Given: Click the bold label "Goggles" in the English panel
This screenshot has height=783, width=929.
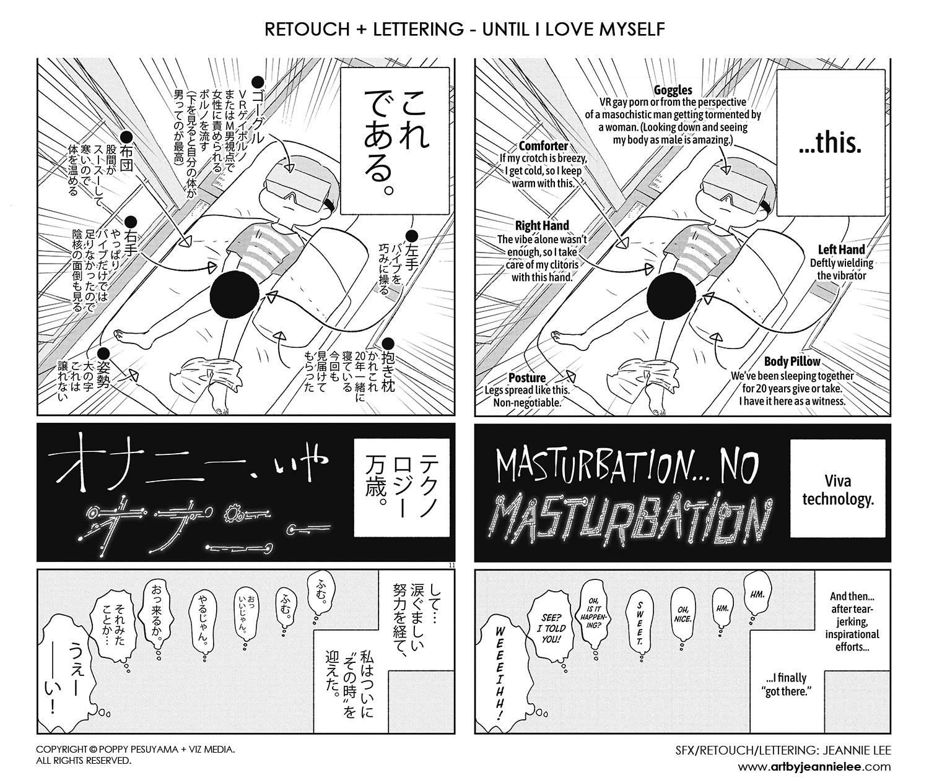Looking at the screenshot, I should click(x=673, y=90).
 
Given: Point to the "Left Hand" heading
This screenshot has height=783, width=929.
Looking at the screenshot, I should click(x=841, y=249).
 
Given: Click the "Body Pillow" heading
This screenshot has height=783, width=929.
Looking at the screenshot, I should click(x=792, y=361).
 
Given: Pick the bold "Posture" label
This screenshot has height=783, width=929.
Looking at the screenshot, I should click(x=526, y=378).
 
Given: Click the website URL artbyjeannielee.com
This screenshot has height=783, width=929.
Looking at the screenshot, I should click(x=814, y=766).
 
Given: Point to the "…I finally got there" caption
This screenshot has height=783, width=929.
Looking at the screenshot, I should click(x=788, y=685).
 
